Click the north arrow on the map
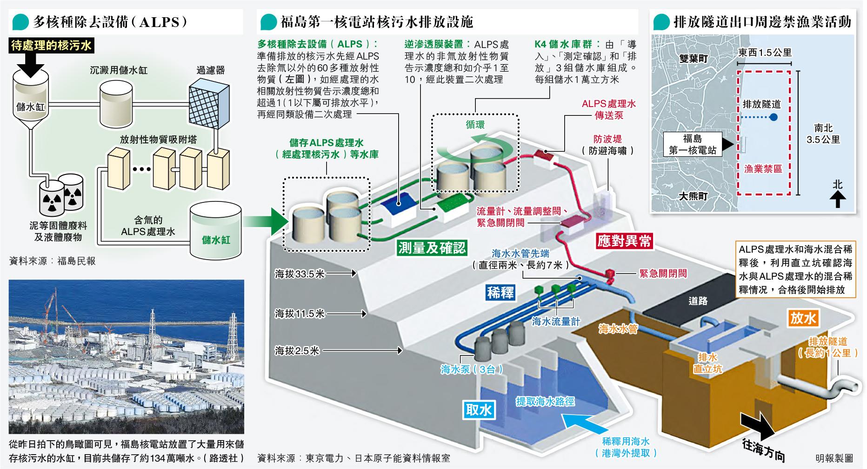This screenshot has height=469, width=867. click(838, 199)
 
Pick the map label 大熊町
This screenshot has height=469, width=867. click(693, 196)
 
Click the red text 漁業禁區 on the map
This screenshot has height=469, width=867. click(763, 168)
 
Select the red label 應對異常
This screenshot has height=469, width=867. click(624, 241)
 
